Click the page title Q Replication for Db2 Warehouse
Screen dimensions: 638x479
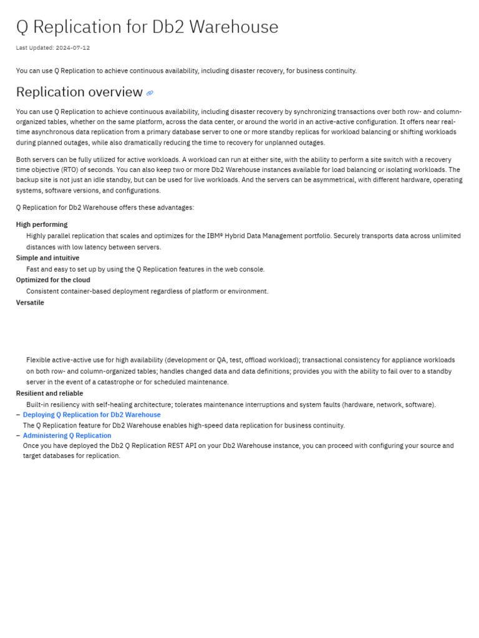coord(147,27)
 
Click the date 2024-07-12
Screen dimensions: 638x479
coord(73,48)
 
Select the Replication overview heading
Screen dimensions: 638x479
coord(79,92)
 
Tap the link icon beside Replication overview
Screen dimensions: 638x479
coord(150,93)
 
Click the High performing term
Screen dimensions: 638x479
coord(42,224)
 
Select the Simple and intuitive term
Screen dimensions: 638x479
coord(47,258)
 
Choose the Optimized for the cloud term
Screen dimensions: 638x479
coord(53,280)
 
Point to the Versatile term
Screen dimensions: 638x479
coord(30,303)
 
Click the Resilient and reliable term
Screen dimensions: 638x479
coord(49,393)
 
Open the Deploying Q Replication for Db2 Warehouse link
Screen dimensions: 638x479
coord(92,415)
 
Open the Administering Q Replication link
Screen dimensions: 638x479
coord(67,436)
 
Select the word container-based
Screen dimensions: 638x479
coord(81,291)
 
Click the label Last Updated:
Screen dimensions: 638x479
coord(34,48)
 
